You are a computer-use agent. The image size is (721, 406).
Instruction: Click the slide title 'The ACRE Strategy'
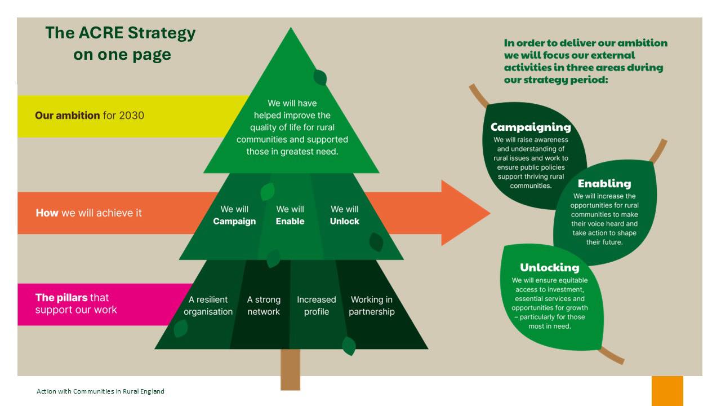tap(121, 33)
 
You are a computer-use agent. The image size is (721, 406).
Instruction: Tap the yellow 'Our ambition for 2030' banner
tap(90, 116)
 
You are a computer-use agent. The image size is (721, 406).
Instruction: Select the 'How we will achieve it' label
tap(89, 213)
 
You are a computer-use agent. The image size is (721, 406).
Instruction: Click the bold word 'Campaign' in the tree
tap(234, 222)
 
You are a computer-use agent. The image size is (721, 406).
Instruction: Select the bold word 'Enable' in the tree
tap(290, 222)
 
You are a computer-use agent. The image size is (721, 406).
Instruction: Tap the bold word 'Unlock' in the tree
tap(344, 222)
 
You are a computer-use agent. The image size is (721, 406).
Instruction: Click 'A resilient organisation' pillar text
tap(208, 306)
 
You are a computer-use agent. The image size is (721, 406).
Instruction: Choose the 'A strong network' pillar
tap(264, 306)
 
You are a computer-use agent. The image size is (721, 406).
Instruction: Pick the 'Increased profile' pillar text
tap(317, 306)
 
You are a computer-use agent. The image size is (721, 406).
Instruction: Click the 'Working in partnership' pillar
tap(372, 306)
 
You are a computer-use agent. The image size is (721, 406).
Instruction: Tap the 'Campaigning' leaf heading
tap(531, 127)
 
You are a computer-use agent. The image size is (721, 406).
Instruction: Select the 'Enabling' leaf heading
tap(604, 184)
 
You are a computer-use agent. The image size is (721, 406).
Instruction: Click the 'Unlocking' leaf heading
tap(549, 268)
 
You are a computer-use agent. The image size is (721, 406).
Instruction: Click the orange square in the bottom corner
tap(667, 391)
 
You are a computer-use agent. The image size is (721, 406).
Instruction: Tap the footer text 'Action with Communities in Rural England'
tap(101, 391)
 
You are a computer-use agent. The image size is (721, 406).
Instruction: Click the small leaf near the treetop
tap(320, 78)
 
